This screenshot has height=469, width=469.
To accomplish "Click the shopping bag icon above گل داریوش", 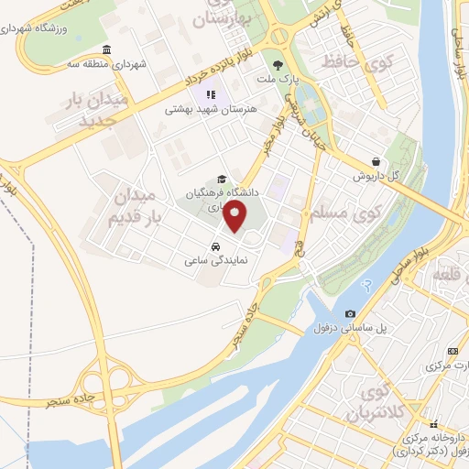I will (x=376, y=160).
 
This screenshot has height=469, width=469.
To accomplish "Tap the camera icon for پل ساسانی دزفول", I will (x=350, y=313).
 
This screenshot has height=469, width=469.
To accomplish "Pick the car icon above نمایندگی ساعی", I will (x=214, y=247).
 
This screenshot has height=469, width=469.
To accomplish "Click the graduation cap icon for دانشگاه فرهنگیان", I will (x=221, y=180).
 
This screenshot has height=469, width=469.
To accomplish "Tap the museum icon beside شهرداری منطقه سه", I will (x=107, y=49).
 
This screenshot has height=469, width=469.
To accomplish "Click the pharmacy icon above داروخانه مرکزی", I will (x=434, y=424).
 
